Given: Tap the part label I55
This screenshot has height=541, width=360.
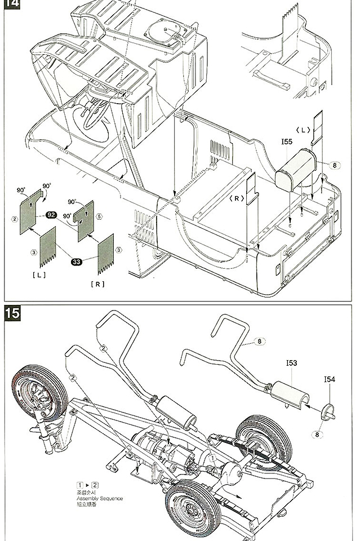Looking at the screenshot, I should [286, 142].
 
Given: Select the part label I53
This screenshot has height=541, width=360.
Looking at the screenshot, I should [291, 363].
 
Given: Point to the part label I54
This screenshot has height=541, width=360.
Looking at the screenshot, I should [330, 380].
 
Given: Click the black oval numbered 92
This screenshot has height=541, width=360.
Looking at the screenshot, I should [51, 215].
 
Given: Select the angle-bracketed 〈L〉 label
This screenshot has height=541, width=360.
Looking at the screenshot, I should [305, 130].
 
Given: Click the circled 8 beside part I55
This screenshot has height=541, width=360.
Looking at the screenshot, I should [334, 166].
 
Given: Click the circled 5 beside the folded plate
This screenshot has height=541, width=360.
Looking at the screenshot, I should [98, 215].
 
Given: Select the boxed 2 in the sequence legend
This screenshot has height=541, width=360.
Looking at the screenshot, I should [95, 484].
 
